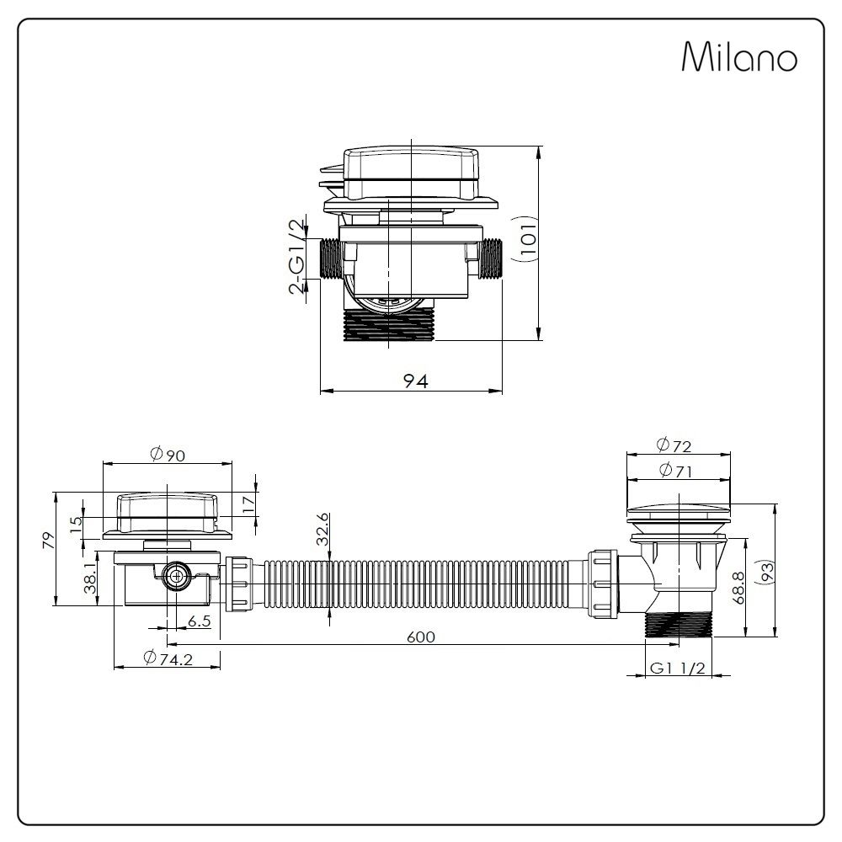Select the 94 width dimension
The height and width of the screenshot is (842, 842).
415,381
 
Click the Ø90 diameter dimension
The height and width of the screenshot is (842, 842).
167,454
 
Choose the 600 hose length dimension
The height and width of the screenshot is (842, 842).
421,637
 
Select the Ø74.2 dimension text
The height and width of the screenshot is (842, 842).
168,659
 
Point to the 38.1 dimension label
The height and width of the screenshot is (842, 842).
91,579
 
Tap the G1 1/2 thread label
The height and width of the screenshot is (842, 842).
677,668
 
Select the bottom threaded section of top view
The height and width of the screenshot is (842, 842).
389,324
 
